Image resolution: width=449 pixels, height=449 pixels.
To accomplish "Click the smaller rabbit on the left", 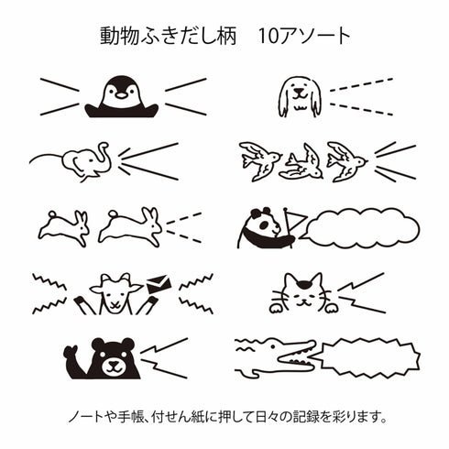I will [64, 224].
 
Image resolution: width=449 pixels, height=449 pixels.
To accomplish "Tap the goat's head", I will [116, 290].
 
